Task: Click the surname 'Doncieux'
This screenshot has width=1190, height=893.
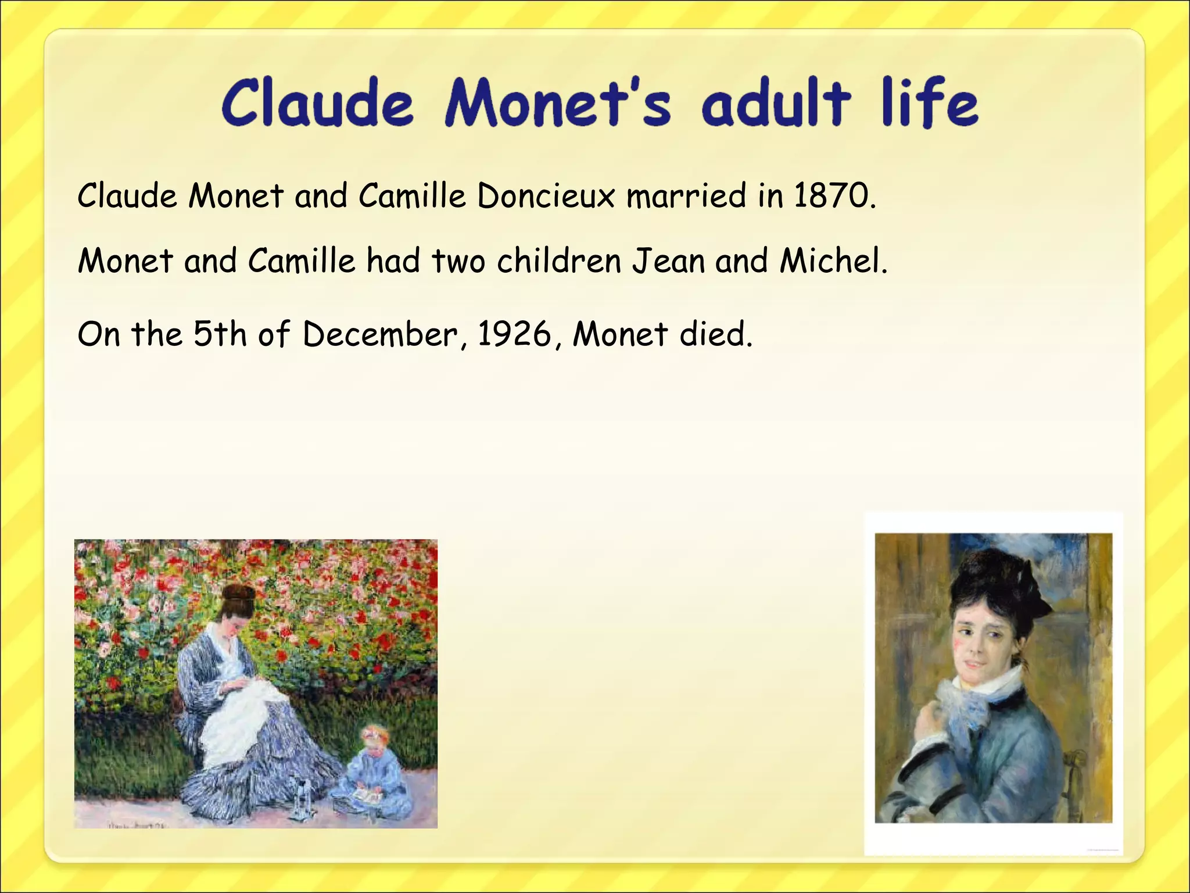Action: pos(546,196)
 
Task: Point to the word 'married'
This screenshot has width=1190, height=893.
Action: pos(685,196)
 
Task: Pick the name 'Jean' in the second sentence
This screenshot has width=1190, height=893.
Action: pos(668,260)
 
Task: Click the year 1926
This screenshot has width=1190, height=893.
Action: pos(514,334)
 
